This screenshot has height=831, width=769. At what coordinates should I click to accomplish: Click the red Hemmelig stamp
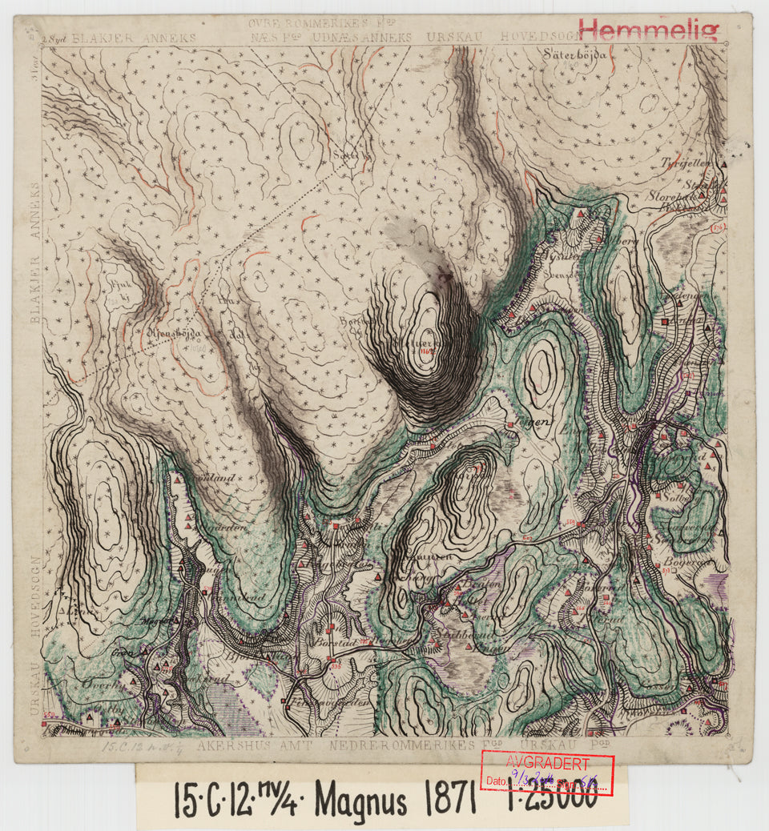coord(649,30)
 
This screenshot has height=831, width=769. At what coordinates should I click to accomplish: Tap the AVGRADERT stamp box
coord(546,774)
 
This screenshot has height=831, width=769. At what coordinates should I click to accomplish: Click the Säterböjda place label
coord(574,55)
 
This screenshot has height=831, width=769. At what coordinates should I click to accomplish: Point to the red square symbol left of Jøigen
coord(510,424)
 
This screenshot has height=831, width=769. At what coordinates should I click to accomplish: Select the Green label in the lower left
coord(123,651)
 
